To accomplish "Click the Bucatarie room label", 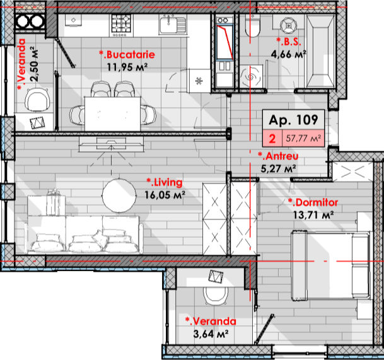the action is point(127,54).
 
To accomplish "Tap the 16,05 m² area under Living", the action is point(165,195).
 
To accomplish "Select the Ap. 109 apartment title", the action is point(293,120).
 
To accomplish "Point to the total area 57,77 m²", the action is point(303,138).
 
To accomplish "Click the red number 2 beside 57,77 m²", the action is point(272,139).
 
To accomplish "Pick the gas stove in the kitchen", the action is point(121,25).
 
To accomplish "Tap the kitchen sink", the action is point(172,24).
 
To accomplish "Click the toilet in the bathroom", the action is point(252,26).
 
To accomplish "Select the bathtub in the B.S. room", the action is point(320,51).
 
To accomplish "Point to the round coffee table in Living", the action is point(119,195).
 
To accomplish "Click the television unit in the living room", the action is point(111,144).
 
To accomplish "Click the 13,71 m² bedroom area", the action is point(313,215).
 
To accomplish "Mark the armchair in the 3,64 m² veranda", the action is point(216,295).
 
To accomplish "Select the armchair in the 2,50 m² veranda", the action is point(37,100).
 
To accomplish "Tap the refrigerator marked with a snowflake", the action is point(199,81).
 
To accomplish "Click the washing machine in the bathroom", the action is point(251,76).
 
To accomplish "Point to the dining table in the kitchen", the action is point(113,114).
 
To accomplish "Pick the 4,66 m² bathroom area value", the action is point(289,54).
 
